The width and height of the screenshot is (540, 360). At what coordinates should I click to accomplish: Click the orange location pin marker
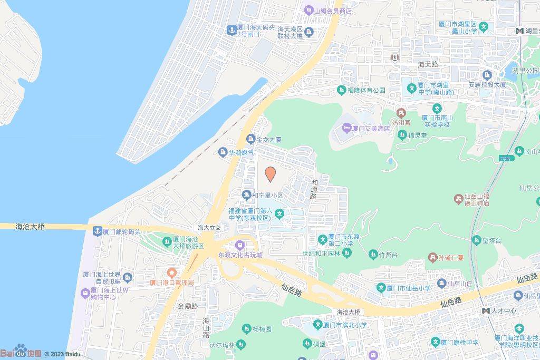click(x=270, y=174)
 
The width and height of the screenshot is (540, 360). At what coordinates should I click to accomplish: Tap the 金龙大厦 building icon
click(x=250, y=140)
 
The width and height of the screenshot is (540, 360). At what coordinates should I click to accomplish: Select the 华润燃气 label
click(x=238, y=153)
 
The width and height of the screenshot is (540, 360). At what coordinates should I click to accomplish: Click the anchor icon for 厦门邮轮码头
click(x=97, y=231)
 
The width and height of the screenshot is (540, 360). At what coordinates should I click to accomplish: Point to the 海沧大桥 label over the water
click(x=30, y=227)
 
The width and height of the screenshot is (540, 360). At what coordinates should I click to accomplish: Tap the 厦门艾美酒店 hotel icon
click(x=346, y=128)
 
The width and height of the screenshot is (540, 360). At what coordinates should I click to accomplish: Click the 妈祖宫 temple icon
click(x=402, y=112)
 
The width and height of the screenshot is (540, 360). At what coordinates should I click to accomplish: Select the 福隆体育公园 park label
click(x=367, y=91)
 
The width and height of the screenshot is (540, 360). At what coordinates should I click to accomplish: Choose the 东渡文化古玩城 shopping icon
click(x=240, y=245)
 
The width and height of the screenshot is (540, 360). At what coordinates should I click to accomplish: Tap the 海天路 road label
click(x=428, y=64)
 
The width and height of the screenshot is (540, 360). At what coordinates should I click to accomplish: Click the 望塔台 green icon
click(x=477, y=239)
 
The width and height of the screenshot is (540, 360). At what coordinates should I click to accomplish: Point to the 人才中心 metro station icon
click(x=485, y=310)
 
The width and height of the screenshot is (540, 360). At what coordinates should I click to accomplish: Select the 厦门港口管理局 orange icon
click(x=171, y=273)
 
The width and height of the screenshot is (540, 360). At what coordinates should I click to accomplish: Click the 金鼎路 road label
click(x=187, y=306)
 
